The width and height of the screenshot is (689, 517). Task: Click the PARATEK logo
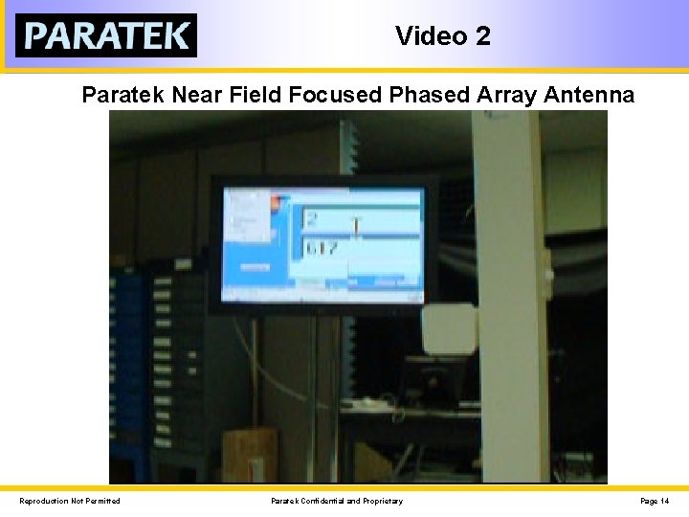point(106,35)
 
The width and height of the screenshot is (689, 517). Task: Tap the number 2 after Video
point(482,36)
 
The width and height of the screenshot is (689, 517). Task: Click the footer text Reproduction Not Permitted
point(70,501)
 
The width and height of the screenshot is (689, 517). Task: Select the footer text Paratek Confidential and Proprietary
point(337,501)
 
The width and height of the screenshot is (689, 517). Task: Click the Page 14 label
point(655,501)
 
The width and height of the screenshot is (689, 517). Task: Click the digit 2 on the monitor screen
point(312,219)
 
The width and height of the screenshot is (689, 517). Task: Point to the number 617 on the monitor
point(321,248)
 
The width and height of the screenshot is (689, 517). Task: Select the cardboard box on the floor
point(249,456)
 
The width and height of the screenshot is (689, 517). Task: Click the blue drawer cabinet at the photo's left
point(126,364)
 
